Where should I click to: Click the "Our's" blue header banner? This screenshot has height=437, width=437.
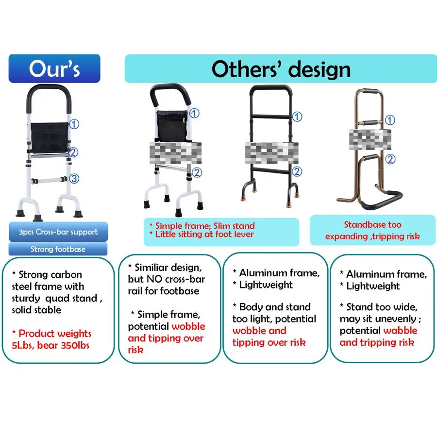click(54, 68)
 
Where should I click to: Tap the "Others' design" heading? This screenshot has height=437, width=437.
click(281, 69)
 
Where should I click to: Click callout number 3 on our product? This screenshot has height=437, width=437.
click(74, 179)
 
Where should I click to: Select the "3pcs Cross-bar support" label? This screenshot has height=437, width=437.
click(58, 232)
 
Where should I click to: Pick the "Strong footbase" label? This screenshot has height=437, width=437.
click(58, 249)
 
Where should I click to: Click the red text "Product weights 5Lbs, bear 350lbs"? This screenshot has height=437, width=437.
click(51, 339)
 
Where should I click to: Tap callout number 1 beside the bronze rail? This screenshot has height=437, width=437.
click(390, 120)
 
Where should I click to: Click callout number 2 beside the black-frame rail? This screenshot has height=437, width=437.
click(297, 171)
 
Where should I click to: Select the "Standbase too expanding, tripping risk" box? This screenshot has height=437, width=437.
click(372, 231)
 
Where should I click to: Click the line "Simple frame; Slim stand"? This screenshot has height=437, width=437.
click(202, 226)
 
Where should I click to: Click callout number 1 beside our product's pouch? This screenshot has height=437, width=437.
click(74, 124)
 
